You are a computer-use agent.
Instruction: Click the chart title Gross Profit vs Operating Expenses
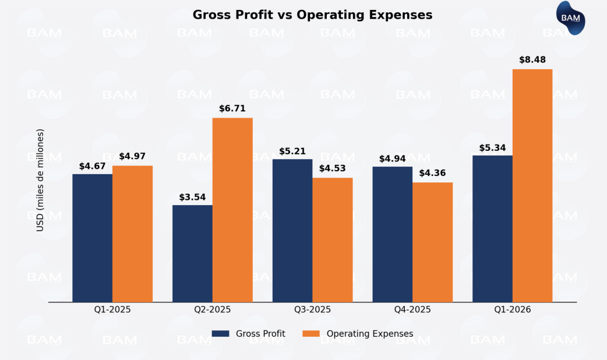(x=312, y=15)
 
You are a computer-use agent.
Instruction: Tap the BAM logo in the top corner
(x=570, y=18)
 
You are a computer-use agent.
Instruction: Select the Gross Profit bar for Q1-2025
(x=93, y=238)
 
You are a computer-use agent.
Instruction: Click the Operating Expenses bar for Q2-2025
(x=232, y=210)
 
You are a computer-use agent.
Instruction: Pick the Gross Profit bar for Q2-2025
(x=192, y=253)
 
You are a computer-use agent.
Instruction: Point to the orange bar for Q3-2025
(x=333, y=240)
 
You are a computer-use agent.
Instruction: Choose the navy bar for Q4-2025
(x=393, y=234)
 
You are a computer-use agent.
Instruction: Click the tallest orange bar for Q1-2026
(x=532, y=186)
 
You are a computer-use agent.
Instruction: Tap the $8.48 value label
(x=532, y=59)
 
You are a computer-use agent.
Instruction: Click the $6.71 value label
(x=232, y=108)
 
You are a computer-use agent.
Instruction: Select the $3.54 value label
(x=192, y=197)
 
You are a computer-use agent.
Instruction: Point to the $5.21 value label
(x=292, y=151)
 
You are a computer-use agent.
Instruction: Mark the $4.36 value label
(x=432, y=172)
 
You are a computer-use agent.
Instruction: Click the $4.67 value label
(x=93, y=166)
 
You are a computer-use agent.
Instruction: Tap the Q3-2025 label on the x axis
(x=312, y=310)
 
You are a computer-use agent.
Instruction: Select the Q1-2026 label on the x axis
(x=513, y=310)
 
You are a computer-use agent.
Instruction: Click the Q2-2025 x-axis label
(x=213, y=310)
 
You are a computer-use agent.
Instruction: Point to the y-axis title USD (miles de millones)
(x=40, y=180)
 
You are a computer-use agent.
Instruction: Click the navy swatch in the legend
(x=221, y=334)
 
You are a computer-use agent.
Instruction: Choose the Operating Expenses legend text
(x=370, y=334)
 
